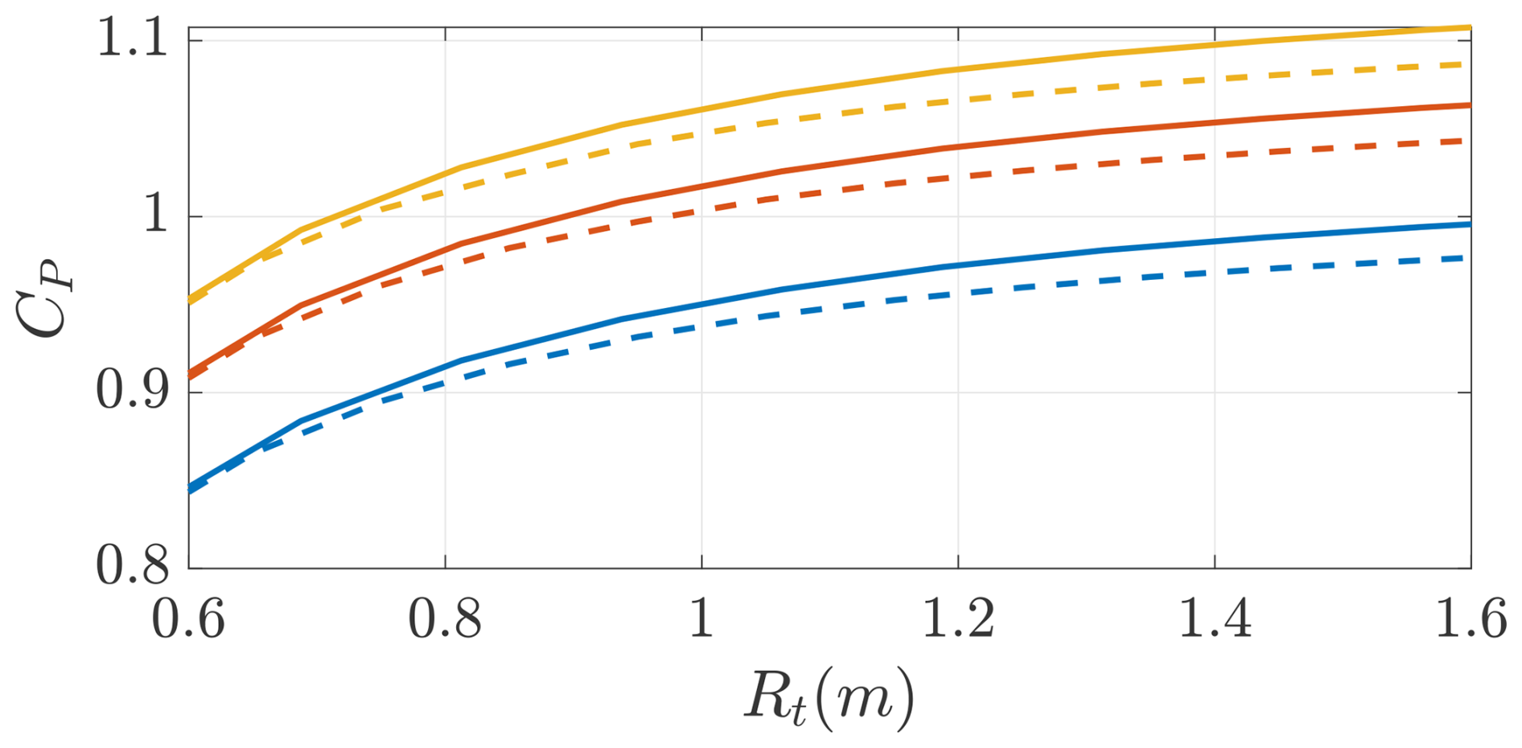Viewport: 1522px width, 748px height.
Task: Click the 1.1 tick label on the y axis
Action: coord(133,38)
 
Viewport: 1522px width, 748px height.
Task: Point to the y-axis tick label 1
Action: coord(155,216)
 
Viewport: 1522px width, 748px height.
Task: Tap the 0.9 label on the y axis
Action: coord(133,392)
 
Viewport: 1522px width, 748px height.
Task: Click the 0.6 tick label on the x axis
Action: coord(188,620)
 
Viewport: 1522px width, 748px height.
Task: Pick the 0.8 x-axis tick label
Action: coord(445,620)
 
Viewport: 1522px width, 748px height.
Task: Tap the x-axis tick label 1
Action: coord(701,620)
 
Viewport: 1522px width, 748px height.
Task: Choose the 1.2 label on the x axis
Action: coord(958,620)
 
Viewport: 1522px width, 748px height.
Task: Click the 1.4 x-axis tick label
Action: coord(1215,620)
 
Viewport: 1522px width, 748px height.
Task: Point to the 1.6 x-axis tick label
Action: coord(1471,620)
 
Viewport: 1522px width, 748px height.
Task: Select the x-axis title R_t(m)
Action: coord(829,697)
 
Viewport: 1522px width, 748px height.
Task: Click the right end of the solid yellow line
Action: coord(1470,28)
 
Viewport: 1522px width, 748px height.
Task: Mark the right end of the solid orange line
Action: coord(1470,105)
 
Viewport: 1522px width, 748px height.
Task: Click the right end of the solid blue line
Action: coord(1470,224)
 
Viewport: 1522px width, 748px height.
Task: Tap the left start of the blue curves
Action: coord(190,489)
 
